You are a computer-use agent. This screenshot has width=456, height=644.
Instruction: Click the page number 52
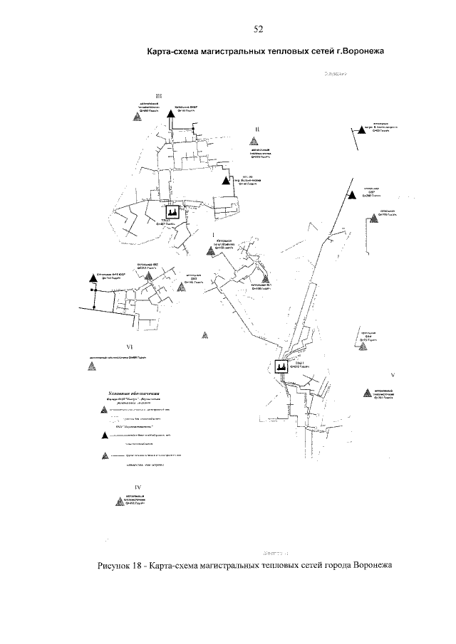[258, 29]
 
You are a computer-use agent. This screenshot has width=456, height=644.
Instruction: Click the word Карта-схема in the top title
[175, 51]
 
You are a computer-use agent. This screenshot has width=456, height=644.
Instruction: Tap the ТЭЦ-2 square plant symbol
[172, 212]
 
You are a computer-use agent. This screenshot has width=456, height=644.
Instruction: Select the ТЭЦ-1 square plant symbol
[281, 367]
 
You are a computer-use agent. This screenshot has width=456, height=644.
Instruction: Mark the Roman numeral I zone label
[213, 233]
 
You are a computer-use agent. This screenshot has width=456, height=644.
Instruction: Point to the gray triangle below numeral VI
[90, 365]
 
